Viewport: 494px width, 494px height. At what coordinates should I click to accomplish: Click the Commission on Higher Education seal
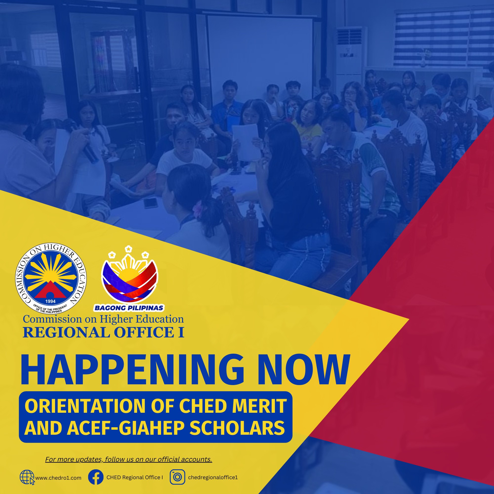point(51,278)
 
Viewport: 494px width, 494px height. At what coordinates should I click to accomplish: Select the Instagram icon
point(177,477)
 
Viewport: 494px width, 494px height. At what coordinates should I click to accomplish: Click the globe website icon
point(27,477)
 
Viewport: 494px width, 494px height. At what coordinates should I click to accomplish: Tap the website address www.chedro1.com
point(58,478)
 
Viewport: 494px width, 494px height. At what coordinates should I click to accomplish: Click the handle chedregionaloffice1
point(213,477)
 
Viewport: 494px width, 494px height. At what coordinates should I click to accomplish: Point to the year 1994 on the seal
point(50,301)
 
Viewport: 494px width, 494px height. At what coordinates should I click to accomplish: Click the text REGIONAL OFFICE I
point(103,332)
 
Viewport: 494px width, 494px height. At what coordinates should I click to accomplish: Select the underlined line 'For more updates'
point(129,459)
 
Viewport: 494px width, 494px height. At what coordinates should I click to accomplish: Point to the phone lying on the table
point(151,203)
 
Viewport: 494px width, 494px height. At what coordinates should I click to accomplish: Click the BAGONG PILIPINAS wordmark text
point(129,308)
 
